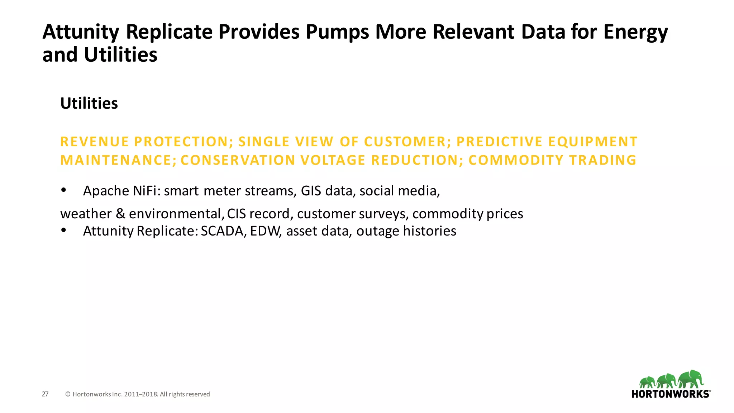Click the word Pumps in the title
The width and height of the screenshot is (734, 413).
coord(337,32)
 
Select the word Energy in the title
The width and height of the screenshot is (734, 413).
coord(635,32)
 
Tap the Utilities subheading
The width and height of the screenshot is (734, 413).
coord(89,104)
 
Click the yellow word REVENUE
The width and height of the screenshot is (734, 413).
coord(94,142)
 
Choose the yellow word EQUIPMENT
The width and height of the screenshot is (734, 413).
coord(593,142)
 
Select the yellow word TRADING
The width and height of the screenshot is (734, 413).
coord(603,160)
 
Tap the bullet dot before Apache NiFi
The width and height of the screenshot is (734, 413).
coord(64,190)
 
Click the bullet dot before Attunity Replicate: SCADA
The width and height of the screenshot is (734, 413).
coord(64,231)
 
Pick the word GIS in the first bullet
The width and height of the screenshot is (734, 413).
coord(311,191)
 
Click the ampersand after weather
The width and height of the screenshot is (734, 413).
coord(120,214)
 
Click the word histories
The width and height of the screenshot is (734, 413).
coord(429,231)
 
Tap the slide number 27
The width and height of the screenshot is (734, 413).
coord(45,394)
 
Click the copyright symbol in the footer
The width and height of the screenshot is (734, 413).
coord(68,394)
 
